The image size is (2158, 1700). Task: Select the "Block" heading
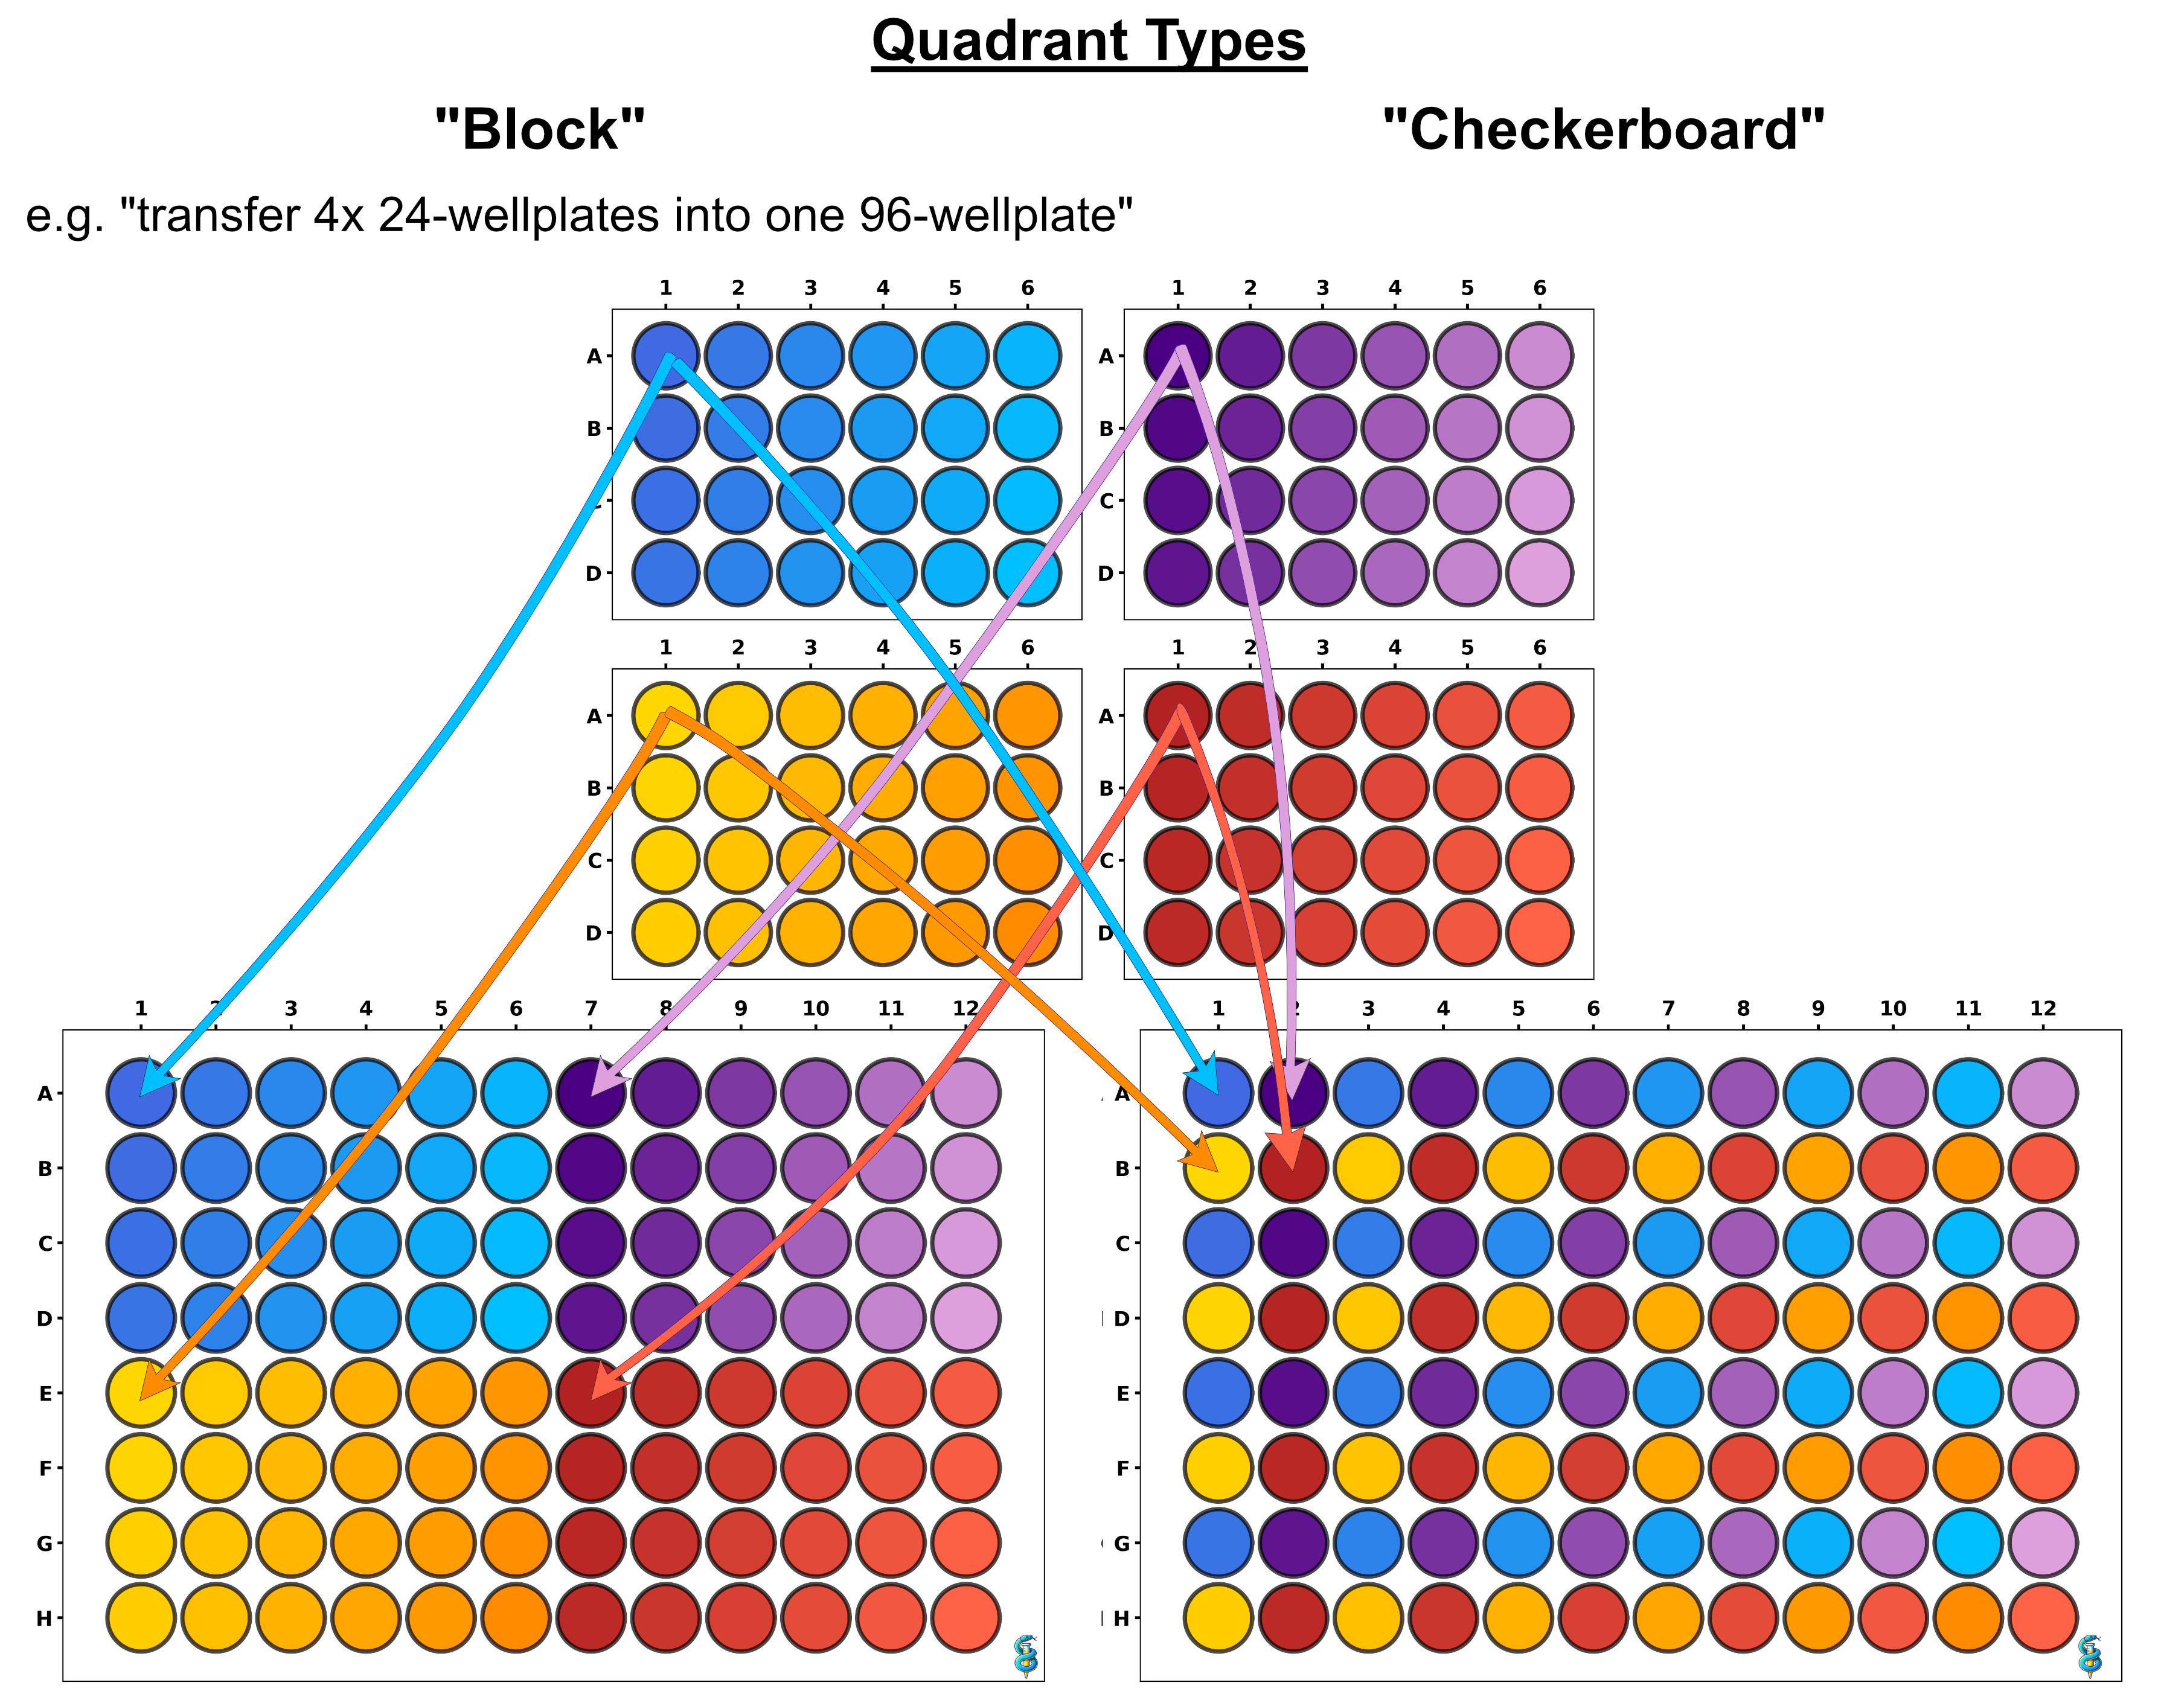[x=540, y=129]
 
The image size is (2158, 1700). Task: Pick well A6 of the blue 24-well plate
[x=1027, y=356]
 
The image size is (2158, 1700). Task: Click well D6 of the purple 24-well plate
[x=1539, y=574]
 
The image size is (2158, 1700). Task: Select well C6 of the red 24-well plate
[x=1539, y=860]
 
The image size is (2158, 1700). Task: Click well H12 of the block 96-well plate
[x=965, y=1619]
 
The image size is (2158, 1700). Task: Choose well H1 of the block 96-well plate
[x=141, y=1619]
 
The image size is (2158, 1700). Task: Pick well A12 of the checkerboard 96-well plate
[x=2043, y=1093]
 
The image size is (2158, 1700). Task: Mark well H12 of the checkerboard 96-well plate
[x=2043, y=1619]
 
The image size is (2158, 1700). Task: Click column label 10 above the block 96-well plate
[x=815, y=1008]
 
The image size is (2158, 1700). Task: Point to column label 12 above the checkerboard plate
[x=2043, y=1008]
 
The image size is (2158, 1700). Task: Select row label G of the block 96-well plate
[x=45, y=1544]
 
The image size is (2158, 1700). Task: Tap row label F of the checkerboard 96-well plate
[x=1122, y=1468]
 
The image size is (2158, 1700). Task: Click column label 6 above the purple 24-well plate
[x=1539, y=287]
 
